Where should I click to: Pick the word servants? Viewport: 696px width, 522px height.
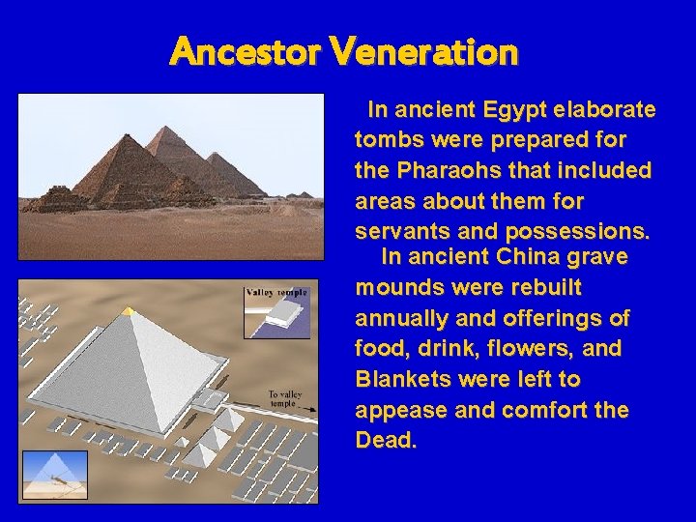click(401, 232)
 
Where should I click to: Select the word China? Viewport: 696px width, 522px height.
click(530, 257)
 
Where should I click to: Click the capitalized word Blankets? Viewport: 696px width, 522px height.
click(398, 379)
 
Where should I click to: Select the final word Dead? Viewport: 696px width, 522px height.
click(386, 441)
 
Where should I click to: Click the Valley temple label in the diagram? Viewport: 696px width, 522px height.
click(276, 292)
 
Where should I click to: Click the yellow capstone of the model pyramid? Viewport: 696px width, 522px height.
click(128, 311)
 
